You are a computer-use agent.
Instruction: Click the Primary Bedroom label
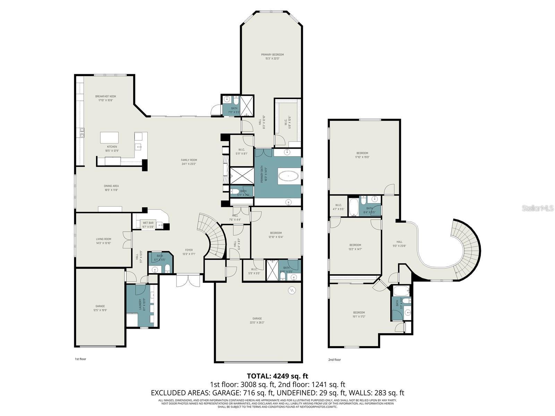pyautogui.click(x=272, y=57)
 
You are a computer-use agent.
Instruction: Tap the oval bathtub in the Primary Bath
pyautogui.click(x=288, y=176)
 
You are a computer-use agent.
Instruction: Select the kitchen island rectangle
pyautogui.click(x=109, y=137)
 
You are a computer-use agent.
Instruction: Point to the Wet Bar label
pyautogui.click(x=148, y=225)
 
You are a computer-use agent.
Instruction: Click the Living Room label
pyautogui.click(x=103, y=241)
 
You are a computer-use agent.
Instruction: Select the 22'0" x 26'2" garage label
pyautogui.click(x=257, y=320)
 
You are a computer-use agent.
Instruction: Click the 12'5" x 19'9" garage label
pyautogui.click(x=100, y=308)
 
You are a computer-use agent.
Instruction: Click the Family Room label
pyautogui.click(x=189, y=162)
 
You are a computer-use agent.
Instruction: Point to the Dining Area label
pyautogui.click(x=111, y=188)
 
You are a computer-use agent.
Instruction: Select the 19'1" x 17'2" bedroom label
pyautogui.click(x=359, y=314)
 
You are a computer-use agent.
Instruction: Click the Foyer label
pyautogui.click(x=189, y=252)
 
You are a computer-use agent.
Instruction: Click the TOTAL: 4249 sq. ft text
pyautogui.click(x=277, y=376)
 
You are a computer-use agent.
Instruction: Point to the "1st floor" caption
pyautogui.click(x=80, y=359)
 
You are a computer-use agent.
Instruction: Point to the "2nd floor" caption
pyautogui.click(x=334, y=359)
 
